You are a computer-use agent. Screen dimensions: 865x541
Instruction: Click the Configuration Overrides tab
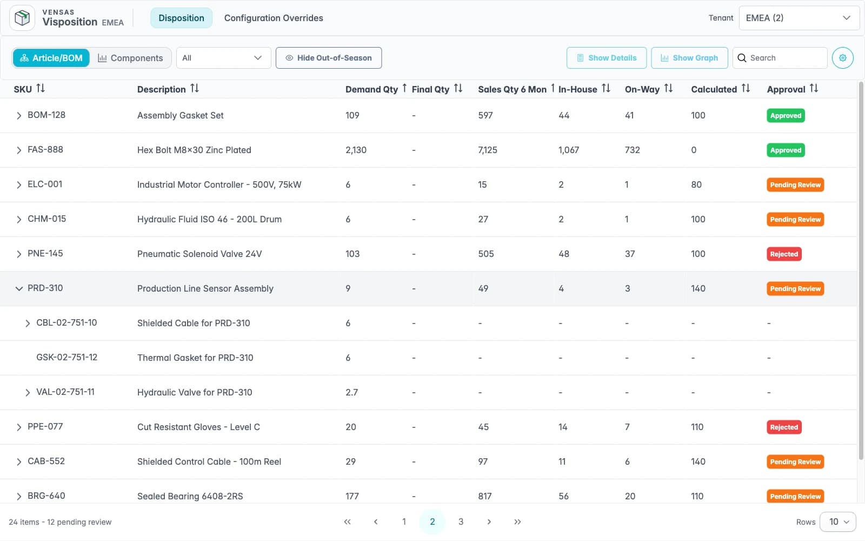[274, 18]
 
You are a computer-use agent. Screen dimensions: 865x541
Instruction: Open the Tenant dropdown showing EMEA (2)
[799, 18]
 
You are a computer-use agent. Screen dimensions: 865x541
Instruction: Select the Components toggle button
[130, 58]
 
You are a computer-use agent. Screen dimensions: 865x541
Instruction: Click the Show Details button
[606, 58]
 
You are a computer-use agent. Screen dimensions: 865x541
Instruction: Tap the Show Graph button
[689, 58]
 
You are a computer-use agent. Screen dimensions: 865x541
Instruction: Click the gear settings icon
[843, 58]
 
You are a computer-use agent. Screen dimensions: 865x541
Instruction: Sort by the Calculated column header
[720, 89]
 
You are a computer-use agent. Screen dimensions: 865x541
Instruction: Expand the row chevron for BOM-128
[18, 116]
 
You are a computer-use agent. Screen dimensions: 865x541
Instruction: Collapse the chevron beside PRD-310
[18, 289]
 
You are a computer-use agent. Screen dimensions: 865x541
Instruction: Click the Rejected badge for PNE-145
[784, 254]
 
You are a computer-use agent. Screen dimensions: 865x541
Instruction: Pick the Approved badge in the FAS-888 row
[786, 150]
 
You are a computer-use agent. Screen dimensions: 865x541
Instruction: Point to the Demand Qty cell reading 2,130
[356, 150]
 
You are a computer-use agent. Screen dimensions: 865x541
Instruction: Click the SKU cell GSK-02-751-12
[67, 358]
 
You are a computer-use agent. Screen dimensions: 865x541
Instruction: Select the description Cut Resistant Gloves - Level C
[198, 427]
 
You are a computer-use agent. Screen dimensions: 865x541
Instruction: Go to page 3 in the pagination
[461, 522]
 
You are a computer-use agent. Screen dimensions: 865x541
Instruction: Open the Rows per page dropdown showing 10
[838, 522]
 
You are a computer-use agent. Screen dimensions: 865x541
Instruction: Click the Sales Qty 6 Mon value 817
[484, 496]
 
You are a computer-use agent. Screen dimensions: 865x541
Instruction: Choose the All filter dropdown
[224, 58]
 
